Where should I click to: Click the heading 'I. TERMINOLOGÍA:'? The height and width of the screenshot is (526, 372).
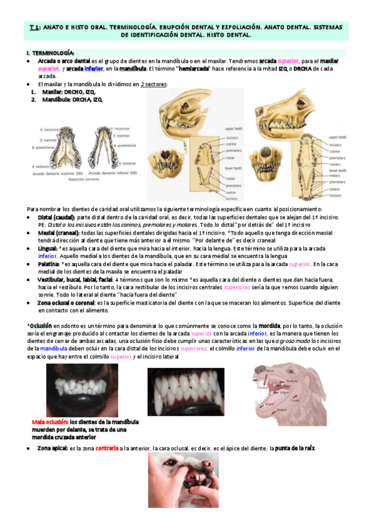point(50,53)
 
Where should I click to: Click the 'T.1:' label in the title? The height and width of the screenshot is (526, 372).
point(35,27)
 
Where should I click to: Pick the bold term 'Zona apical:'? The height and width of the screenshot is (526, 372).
point(52,448)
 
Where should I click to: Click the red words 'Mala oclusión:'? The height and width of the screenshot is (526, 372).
point(50,422)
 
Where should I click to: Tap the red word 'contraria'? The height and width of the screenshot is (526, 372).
point(107,448)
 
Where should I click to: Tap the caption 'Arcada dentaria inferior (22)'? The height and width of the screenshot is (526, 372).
point(112,174)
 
